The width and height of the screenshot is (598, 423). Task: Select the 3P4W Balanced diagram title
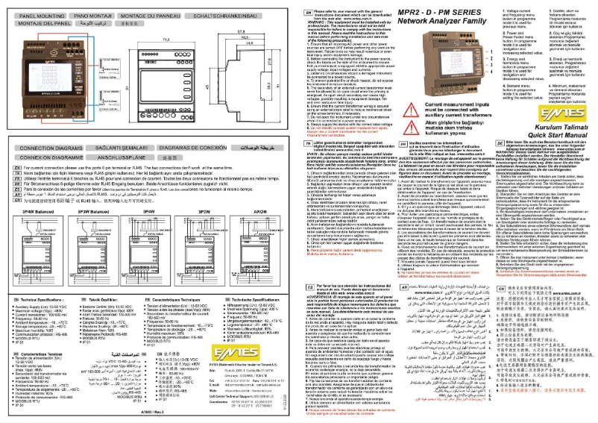(x=37, y=211)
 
